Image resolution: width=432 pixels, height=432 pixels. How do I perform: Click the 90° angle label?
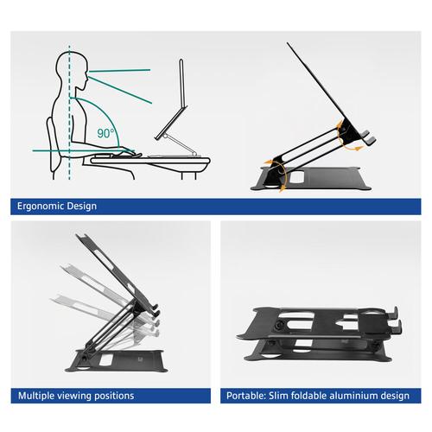(x=105, y=134)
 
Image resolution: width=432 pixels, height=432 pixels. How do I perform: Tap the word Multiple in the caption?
(x=40, y=396)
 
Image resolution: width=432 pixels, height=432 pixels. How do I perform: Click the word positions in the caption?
(x=114, y=396)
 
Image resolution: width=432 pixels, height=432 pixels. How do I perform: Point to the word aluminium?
(x=354, y=396)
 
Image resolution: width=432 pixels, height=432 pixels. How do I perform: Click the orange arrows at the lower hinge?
(x=276, y=165)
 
